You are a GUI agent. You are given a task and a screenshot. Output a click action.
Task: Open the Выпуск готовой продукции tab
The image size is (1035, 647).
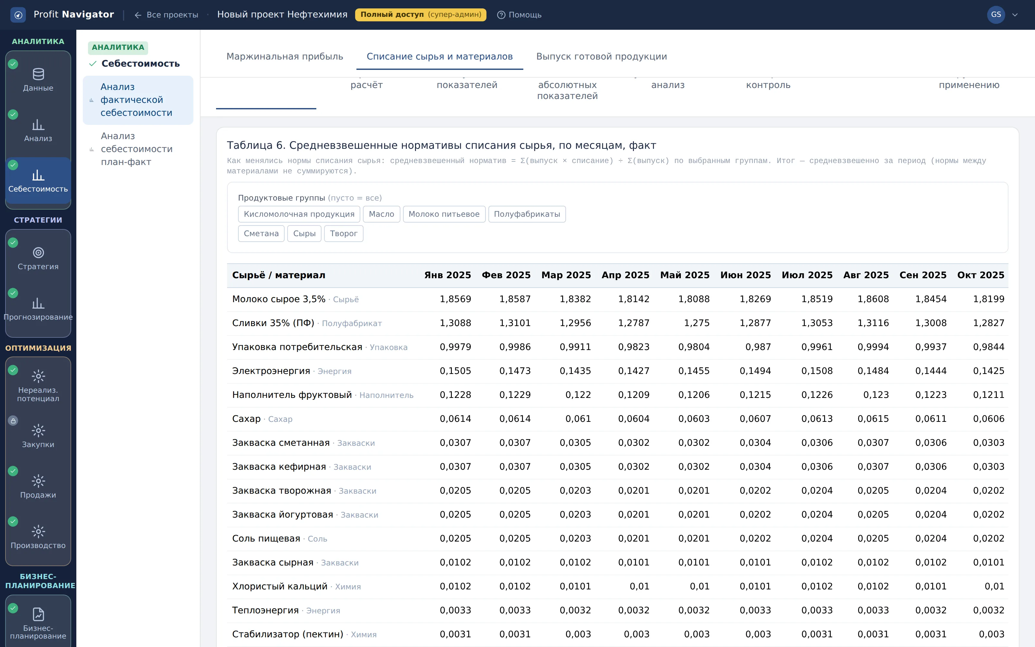click(x=601, y=57)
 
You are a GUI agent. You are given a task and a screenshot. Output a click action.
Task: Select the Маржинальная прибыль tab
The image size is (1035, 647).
click(x=285, y=57)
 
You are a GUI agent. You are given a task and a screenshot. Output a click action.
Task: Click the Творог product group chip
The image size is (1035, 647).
click(x=343, y=234)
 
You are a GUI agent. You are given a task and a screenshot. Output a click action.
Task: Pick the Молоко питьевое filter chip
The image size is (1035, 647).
click(x=444, y=214)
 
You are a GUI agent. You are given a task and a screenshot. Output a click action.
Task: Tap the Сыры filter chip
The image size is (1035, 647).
click(x=304, y=234)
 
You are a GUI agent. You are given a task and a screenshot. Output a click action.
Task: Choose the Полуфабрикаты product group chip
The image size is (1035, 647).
click(x=527, y=214)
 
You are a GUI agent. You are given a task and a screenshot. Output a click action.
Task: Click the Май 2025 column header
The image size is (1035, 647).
click(x=685, y=275)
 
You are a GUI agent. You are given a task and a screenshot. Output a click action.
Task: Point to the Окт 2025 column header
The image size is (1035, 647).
click(x=981, y=275)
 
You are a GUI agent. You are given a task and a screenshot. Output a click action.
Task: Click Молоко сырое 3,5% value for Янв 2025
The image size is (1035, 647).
click(x=455, y=299)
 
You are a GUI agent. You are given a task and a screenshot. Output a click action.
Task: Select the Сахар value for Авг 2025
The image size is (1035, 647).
click(x=873, y=419)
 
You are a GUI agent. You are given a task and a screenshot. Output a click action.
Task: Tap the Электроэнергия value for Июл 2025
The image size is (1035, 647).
click(x=817, y=371)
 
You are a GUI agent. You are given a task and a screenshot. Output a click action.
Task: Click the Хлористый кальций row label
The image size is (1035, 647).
click(x=280, y=586)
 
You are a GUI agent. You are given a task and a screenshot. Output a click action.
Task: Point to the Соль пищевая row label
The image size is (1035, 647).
click(x=266, y=538)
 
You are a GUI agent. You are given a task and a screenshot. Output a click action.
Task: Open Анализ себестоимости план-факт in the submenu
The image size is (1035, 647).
click(x=137, y=149)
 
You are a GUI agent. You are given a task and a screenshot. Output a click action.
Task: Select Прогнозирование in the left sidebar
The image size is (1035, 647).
click(x=38, y=308)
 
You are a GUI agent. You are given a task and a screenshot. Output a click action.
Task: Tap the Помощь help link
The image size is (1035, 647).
click(x=519, y=15)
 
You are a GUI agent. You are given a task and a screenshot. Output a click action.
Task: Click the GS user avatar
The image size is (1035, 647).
click(x=996, y=15)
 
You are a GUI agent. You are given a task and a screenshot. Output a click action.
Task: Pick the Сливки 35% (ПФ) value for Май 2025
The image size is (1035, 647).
click(x=697, y=323)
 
